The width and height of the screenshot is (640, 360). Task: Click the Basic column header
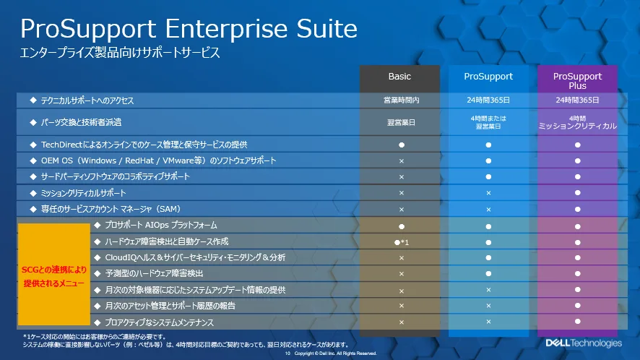399,77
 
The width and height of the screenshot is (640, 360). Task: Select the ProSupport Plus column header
577,80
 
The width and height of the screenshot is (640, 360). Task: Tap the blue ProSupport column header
488,77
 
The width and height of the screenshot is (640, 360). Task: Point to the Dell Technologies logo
584,343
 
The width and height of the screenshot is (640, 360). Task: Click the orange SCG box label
54,276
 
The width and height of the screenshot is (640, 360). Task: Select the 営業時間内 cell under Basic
401,100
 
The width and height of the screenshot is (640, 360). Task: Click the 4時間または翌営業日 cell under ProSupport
488,122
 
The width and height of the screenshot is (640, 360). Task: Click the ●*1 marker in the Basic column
401,242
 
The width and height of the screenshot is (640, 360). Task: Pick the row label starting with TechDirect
144,145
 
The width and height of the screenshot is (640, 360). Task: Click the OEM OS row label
158,160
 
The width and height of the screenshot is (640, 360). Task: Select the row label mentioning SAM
111,209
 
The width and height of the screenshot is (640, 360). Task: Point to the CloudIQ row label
195,257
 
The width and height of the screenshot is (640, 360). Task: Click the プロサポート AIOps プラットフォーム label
161,225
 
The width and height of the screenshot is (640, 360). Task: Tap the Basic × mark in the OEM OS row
401,161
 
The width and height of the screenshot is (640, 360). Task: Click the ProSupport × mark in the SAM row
488,209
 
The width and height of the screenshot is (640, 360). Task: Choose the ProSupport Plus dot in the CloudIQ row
577,258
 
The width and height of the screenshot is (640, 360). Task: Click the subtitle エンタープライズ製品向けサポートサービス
120,52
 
